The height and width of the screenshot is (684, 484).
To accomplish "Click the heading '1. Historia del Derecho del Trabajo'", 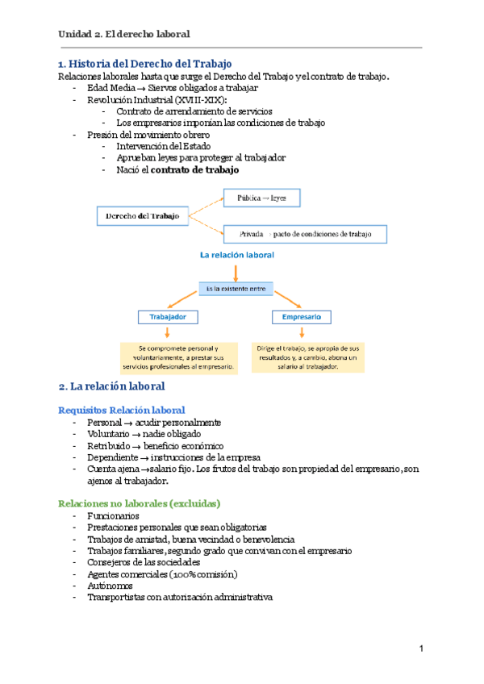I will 144,63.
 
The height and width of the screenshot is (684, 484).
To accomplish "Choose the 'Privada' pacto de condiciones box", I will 305,234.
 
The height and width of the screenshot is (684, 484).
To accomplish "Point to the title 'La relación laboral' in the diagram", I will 237,255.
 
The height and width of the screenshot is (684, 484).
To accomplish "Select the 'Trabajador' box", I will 167,317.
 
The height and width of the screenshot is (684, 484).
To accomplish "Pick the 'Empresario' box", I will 302,317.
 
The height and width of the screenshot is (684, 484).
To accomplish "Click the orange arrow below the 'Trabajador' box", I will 167,332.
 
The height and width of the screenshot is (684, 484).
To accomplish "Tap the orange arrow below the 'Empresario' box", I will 302,332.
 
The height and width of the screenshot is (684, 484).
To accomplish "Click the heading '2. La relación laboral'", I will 111,386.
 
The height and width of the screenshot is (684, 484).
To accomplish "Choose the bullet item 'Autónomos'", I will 110,586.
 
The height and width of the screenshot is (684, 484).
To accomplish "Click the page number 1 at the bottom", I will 421,649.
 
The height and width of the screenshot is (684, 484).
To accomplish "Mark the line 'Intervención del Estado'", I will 163,147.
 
